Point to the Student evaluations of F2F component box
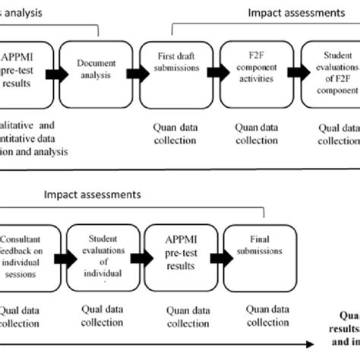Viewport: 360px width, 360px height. [333, 73]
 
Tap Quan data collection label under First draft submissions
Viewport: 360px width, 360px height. [174, 134]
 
